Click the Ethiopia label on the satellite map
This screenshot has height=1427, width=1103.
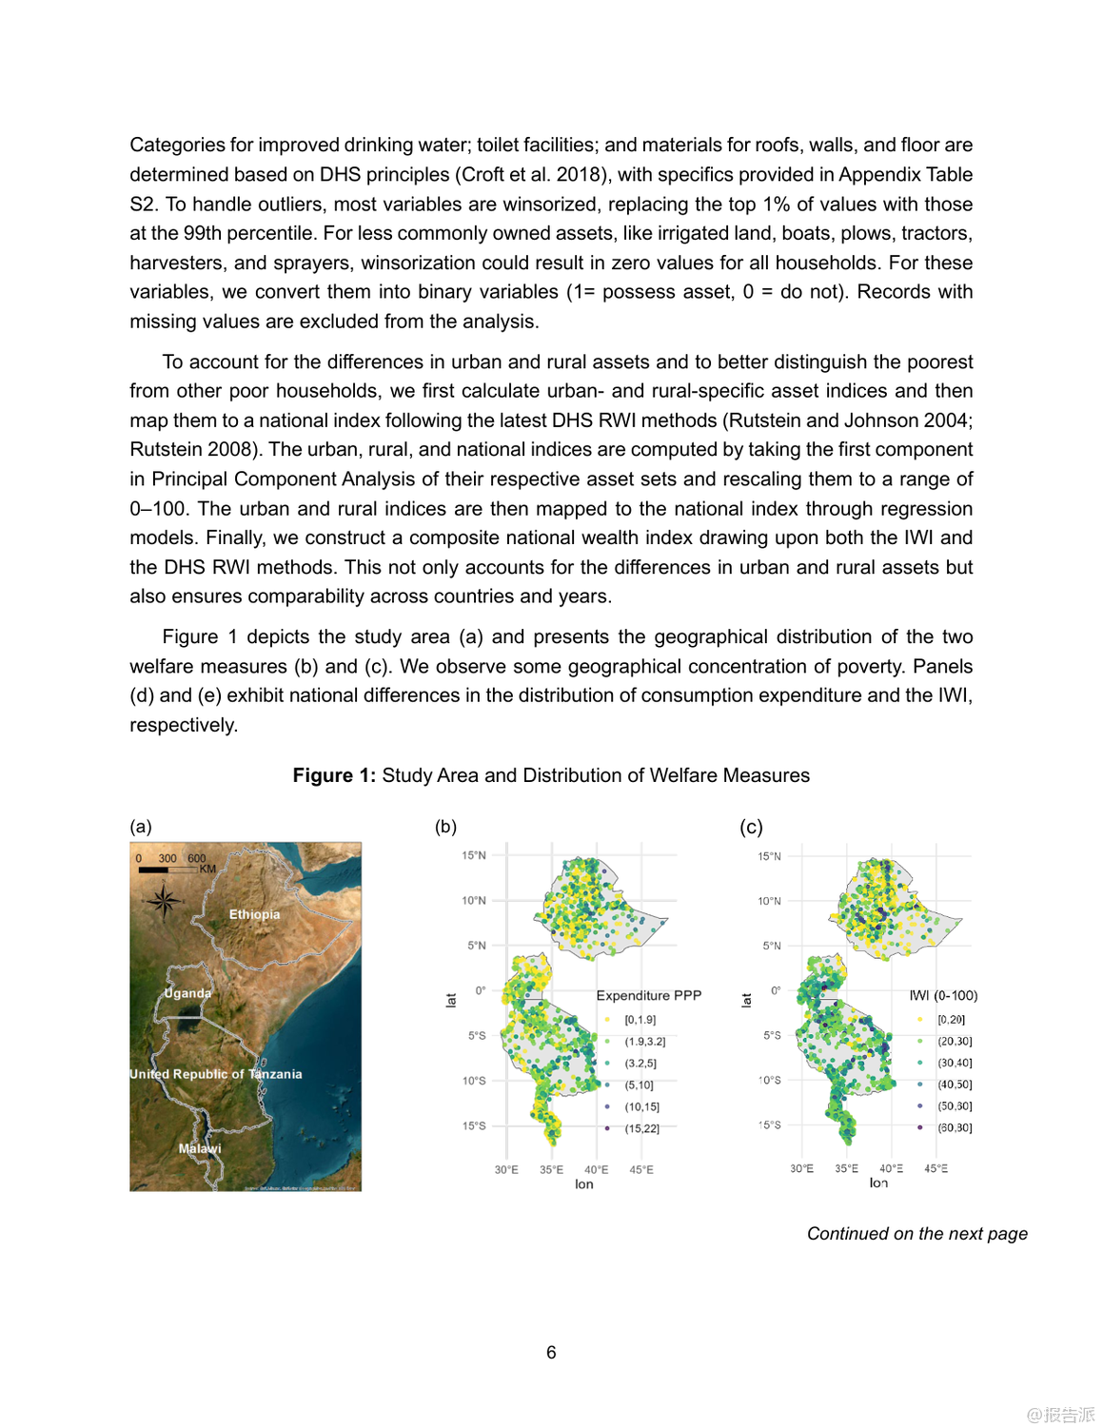click(254, 914)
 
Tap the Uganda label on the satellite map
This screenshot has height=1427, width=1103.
click(187, 993)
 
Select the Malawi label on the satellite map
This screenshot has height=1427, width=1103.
click(200, 1148)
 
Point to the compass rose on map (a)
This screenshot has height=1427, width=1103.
click(163, 900)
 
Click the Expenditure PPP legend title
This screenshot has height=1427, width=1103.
click(648, 995)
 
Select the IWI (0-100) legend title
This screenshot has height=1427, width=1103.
click(943, 995)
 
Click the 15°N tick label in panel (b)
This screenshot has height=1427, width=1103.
click(473, 855)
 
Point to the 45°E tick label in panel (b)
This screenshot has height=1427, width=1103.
click(641, 1169)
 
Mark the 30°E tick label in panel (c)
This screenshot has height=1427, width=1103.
click(801, 1168)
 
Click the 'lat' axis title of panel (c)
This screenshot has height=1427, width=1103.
click(746, 1000)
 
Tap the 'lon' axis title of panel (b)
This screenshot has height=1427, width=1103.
click(583, 1184)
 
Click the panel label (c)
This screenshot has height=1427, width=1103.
click(751, 827)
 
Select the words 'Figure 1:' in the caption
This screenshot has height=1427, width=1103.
click(334, 775)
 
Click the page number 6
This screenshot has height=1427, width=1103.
click(551, 1352)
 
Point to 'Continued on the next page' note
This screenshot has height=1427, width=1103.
click(916, 1234)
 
